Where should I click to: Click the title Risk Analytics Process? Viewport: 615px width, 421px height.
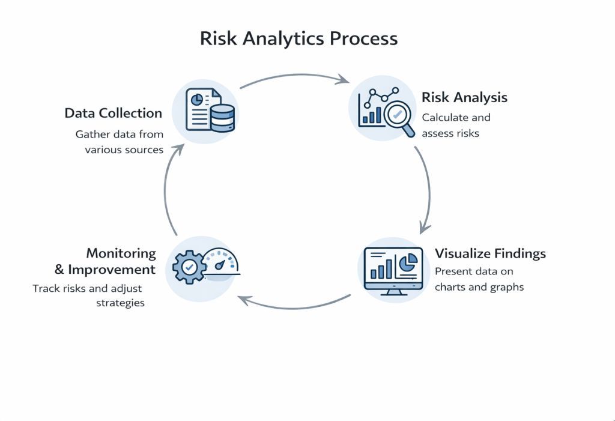coord(298,39)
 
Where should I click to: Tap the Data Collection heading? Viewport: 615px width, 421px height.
coord(114,114)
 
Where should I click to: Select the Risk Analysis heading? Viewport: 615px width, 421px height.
coord(464,97)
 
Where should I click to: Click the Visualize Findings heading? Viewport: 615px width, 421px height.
coord(490,253)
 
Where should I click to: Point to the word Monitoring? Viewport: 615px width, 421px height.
coord(121,253)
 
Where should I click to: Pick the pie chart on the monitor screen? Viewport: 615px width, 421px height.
coord(409,262)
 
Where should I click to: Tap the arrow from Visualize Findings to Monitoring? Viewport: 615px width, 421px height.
coord(294,306)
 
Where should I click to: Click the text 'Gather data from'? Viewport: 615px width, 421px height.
coord(120,134)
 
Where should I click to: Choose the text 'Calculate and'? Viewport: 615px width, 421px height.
coord(456,117)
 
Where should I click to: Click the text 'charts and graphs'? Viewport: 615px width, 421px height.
coord(479,286)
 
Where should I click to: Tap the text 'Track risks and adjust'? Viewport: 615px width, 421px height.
coord(88,288)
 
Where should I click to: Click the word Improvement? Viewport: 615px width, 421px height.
coord(112,270)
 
